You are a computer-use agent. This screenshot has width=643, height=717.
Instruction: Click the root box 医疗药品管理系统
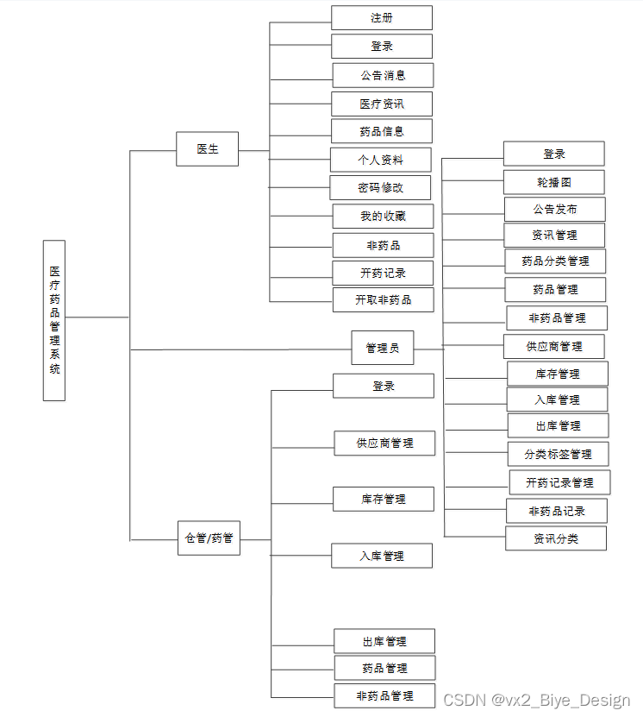coord(54,320)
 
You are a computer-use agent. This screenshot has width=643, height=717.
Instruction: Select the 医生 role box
coord(208,148)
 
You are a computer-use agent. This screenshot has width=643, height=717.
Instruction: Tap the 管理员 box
coord(383,348)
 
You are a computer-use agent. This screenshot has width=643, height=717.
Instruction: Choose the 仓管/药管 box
coord(209,538)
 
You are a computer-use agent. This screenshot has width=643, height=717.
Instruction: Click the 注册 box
coord(382,18)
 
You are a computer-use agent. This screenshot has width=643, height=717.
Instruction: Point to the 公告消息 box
coord(383,75)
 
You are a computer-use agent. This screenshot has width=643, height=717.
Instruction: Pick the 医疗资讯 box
coord(383,104)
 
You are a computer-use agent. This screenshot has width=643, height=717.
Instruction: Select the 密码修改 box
coord(381,187)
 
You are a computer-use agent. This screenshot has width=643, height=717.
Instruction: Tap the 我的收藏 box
coord(383,217)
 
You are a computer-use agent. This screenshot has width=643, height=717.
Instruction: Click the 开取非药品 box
coord(383,300)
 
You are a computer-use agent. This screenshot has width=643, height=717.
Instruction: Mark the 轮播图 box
coord(553,182)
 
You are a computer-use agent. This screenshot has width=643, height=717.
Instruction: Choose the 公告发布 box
coord(554,209)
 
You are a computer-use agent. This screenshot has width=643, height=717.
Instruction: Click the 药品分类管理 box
coord(555,261)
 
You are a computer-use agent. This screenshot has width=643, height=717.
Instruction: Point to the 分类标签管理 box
coord(558,454)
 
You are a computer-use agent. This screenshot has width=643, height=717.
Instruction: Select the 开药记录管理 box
coord(559,482)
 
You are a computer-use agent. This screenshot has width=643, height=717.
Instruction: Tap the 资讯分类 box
coord(556,538)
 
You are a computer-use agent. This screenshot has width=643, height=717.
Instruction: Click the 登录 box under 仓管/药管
coord(384,386)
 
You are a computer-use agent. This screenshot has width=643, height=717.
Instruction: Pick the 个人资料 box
coord(380,160)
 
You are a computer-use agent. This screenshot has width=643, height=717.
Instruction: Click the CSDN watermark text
coord(535,700)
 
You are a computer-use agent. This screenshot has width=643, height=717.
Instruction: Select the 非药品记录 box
coord(557,511)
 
